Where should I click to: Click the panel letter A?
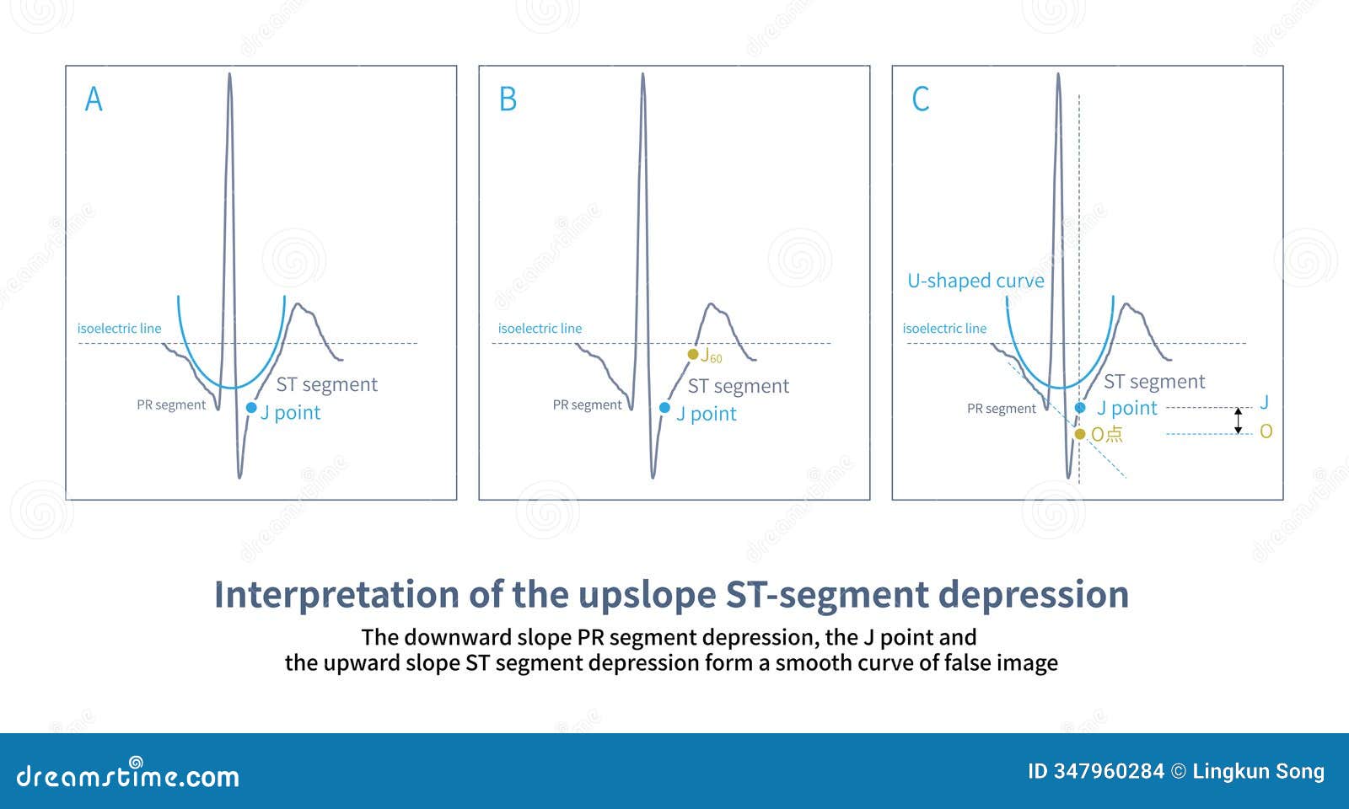[94, 99]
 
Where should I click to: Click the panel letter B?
[508, 99]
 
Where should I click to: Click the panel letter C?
[921, 99]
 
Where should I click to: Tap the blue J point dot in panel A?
[251, 408]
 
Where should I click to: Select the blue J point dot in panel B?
[664, 408]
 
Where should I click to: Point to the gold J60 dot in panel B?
[693, 355]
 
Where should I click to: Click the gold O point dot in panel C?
[1080, 434]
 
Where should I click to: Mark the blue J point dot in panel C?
[1080, 408]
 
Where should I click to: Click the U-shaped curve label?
[975, 281]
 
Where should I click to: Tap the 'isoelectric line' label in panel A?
[119, 329]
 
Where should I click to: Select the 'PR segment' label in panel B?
[587, 405]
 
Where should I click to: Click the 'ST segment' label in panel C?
[1154, 382]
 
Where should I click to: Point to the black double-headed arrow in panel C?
[1238, 421]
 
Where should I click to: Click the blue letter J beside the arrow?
[1264, 404]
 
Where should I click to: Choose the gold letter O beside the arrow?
[1266, 432]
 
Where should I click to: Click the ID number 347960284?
[1108, 771]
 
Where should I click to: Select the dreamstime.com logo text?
[128, 775]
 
